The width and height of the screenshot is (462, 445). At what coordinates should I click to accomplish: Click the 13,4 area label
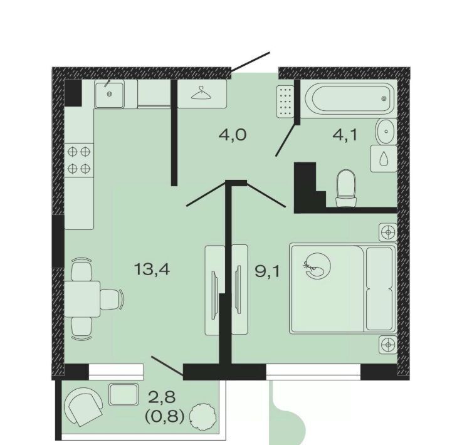tap(152, 269)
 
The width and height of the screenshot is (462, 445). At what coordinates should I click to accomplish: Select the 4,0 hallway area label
tap(233, 135)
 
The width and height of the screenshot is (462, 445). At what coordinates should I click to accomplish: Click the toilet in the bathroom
tap(347, 188)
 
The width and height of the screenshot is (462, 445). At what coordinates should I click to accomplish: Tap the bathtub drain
tap(384, 98)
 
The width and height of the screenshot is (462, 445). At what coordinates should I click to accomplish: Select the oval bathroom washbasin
tap(386, 131)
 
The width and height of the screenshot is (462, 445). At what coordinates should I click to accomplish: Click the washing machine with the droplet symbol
tap(384, 159)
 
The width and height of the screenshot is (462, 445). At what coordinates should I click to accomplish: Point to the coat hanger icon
tap(202, 93)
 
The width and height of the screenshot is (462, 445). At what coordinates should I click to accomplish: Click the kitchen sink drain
tap(110, 94)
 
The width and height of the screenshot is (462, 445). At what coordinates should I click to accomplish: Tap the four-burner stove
tap(79, 160)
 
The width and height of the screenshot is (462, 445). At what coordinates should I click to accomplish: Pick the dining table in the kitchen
tap(82, 299)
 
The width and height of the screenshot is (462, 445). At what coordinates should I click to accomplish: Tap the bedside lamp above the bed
tap(388, 232)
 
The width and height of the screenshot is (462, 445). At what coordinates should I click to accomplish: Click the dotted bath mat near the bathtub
tap(285, 102)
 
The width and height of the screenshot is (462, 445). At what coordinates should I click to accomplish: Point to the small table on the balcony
tap(123, 395)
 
